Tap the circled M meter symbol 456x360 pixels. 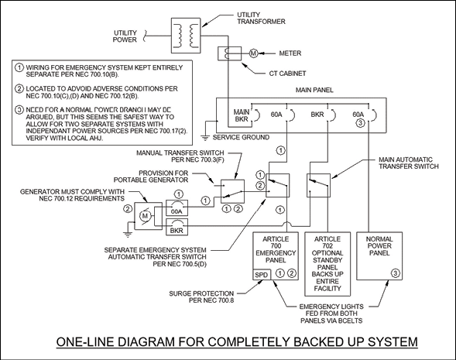pos(254,53)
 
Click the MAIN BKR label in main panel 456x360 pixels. pos(242,115)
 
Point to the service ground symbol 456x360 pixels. pos(205,138)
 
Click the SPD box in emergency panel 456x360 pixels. pos(262,275)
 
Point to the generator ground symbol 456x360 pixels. pos(128,235)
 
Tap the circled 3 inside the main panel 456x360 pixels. pos(360,123)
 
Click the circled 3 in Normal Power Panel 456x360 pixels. pos(396,273)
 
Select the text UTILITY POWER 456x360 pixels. pos(125,36)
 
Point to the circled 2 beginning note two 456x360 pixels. pos(19,88)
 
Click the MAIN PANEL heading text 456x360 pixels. pos(314,90)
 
